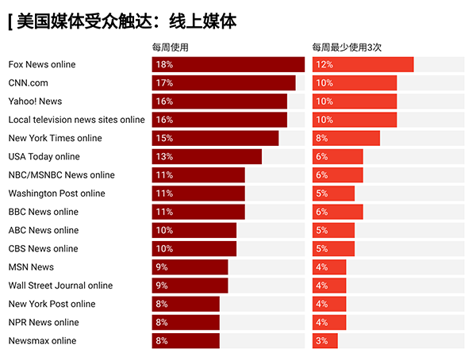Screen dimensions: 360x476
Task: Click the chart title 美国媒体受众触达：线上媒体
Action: click(x=127, y=21)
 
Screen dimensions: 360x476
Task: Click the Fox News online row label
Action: click(x=42, y=65)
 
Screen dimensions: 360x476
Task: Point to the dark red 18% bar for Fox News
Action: click(x=228, y=65)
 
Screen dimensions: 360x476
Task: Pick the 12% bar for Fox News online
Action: click(x=363, y=65)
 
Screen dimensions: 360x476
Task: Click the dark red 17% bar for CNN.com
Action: click(x=224, y=83)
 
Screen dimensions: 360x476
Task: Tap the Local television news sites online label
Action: click(x=77, y=120)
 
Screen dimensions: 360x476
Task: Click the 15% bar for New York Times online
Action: click(x=215, y=138)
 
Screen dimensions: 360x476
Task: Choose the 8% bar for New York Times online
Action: click(x=346, y=138)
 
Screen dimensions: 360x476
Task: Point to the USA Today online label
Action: click(x=44, y=157)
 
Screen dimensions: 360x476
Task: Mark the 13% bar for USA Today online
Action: click(x=207, y=157)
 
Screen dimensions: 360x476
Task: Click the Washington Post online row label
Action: click(x=57, y=193)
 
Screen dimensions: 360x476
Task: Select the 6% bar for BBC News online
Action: click(x=337, y=212)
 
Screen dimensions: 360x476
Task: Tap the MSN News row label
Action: click(x=32, y=267)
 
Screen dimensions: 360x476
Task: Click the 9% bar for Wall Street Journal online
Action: click(x=190, y=285)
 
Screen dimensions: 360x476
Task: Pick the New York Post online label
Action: click(x=52, y=304)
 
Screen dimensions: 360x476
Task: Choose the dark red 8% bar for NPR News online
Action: click(x=186, y=322)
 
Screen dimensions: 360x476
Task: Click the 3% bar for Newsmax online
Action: click(x=324, y=341)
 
